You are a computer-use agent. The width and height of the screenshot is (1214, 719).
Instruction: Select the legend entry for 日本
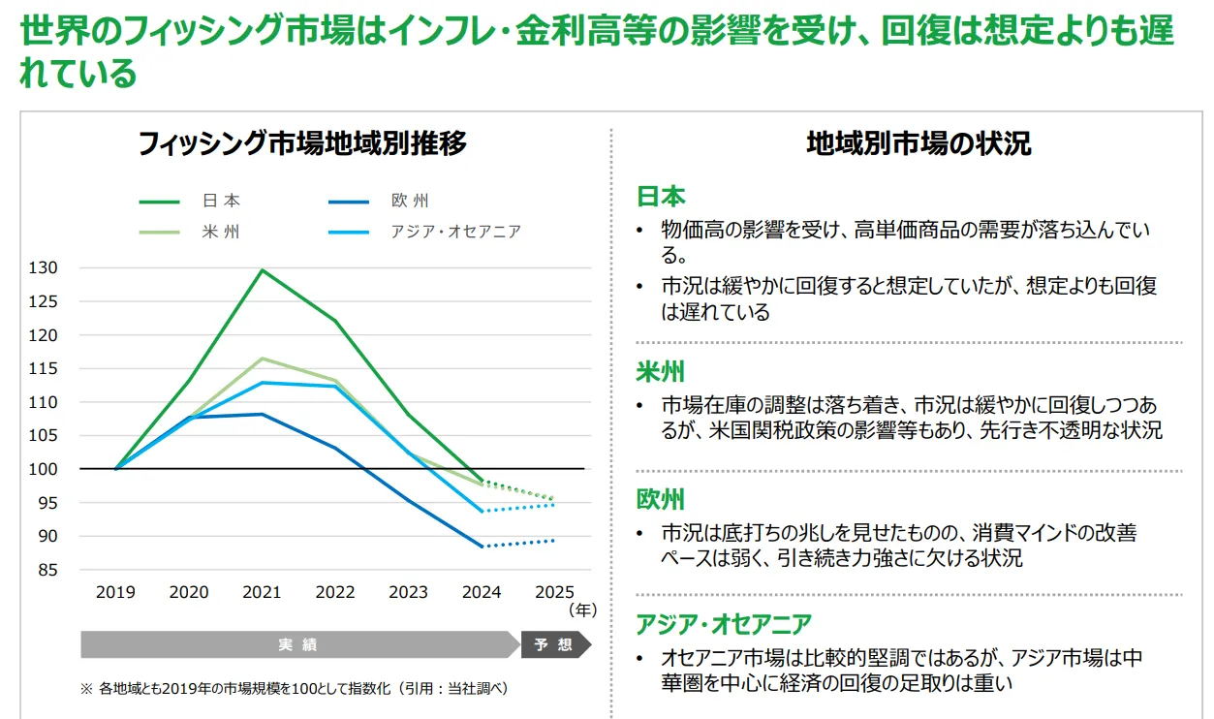coord(221,202)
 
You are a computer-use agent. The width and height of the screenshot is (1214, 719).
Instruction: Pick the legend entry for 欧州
coord(409,202)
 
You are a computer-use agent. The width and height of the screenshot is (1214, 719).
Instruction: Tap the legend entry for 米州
coord(221,233)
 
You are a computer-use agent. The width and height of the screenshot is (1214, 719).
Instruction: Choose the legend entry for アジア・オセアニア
coord(455,233)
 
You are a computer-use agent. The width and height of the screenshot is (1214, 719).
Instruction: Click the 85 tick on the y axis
coord(48,570)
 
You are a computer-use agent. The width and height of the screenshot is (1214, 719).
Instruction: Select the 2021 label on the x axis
coord(262,592)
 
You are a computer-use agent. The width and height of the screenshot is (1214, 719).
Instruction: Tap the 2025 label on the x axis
coord(554,592)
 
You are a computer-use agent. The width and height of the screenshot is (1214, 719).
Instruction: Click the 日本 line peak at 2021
coord(262,269)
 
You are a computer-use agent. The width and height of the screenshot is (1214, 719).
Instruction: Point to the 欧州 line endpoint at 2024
coord(482,547)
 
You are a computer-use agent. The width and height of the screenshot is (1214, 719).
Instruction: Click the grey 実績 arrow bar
coord(298,644)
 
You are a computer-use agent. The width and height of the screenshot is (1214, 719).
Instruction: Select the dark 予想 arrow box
coord(554,644)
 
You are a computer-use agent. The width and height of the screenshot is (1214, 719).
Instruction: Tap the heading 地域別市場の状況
coord(918,144)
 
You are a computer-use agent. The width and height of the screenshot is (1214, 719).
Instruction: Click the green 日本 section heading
coord(661,197)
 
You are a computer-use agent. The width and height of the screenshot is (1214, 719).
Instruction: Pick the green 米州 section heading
coord(661,373)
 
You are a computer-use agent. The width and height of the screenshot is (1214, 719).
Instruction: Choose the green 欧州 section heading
coord(661,500)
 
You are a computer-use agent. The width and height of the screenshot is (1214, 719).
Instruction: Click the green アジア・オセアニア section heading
coord(724,624)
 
